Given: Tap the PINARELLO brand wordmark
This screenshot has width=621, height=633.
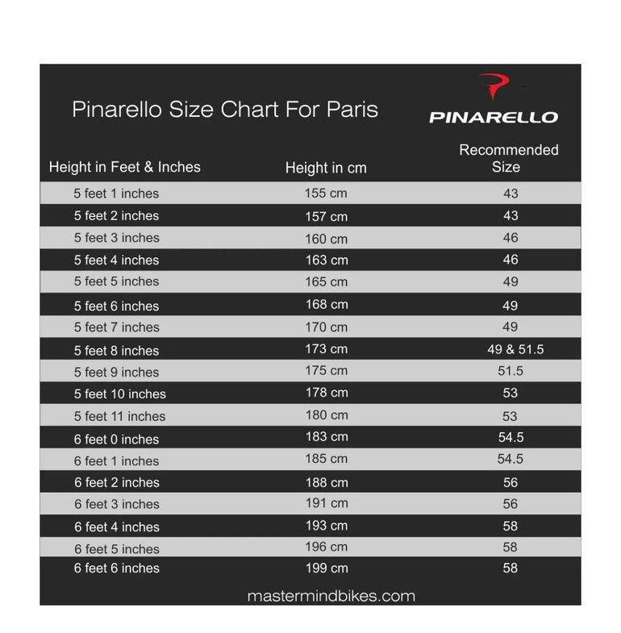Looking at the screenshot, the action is click(493, 117).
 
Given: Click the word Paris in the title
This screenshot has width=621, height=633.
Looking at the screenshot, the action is click(352, 109).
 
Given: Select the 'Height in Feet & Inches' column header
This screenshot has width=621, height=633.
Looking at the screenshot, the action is click(124, 168).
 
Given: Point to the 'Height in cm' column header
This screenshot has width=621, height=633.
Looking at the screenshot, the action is click(326, 169).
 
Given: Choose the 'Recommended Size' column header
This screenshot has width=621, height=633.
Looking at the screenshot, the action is click(508, 159).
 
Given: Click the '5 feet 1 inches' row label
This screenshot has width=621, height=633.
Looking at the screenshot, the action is click(116, 194).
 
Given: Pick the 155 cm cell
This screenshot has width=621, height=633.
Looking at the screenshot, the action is click(326, 194).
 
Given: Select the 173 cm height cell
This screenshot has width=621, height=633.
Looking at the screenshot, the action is click(326, 349).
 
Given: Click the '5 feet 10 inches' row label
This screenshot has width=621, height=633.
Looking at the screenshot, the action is click(119, 394).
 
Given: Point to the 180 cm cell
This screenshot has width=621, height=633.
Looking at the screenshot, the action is click(326, 415).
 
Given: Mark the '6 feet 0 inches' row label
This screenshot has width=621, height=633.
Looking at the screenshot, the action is click(116, 439).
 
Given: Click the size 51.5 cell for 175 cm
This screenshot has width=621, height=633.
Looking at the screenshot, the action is click(511, 371).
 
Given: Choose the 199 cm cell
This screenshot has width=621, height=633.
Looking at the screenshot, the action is click(326, 568).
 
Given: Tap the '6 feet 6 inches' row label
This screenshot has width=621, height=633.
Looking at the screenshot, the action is click(116, 568).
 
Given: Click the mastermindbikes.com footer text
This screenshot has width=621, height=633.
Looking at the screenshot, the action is click(331, 597).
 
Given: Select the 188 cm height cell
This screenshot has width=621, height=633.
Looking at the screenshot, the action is click(326, 482).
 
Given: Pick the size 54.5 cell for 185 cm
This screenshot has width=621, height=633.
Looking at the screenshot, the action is click(511, 459).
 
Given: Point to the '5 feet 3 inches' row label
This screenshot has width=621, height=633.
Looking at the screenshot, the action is click(116, 238).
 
